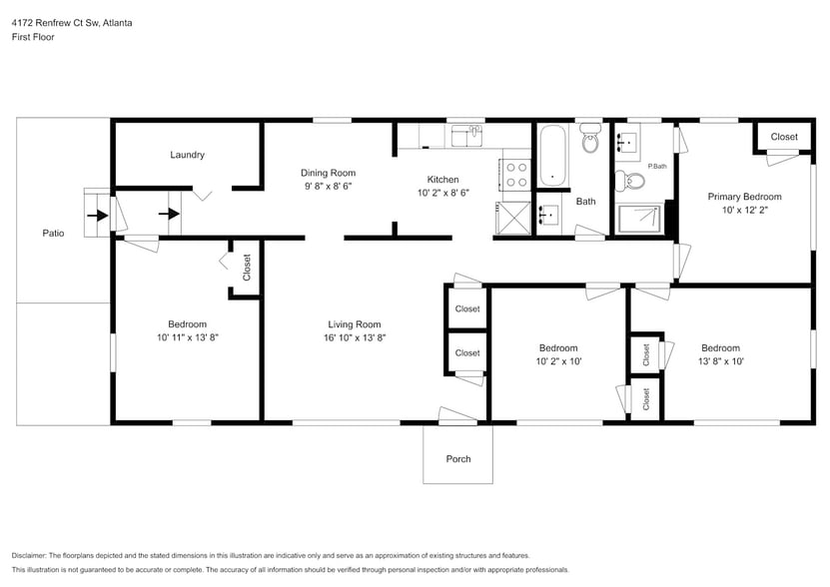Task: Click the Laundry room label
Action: pyautogui.click(x=187, y=155)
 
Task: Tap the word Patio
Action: pyautogui.click(x=53, y=233)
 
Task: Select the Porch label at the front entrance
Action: pyautogui.click(x=457, y=459)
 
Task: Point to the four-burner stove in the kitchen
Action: pyautogui.click(x=516, y=175)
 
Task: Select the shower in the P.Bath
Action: pyautogui.click(x=639, y=219)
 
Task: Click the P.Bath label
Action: pyautogui.click(x=656, y=166)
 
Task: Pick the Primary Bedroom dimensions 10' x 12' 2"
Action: pyautogui.click(x=744, y=211)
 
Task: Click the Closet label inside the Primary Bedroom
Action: pyautogui.click(x=783, y=137)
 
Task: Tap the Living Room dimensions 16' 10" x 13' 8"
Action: pyautogui.click(x=355, y=338)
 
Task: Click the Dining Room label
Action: pyautogui.click(x=329, y=173)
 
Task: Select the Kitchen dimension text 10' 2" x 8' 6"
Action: pyautogui.click(x=442, y=193)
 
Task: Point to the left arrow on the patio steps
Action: pyautogui.click(x=94, y=214)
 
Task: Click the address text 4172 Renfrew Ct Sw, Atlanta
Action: pyautogui.click(x=71, y=22)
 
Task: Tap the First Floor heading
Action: pyautogui.click(x=33, y=37)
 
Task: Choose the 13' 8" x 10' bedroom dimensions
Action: pyautogui.click(x=719, y=361)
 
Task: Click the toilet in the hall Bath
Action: pyautogui.click(x=589, y=142)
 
